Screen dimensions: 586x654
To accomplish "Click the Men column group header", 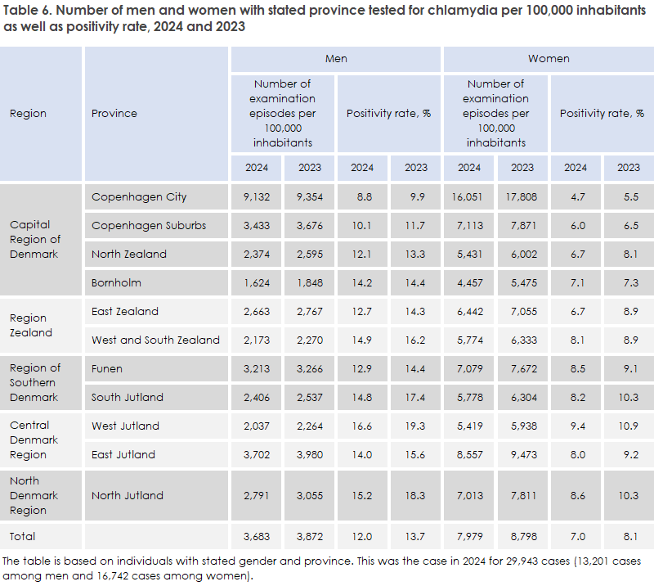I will click(336, 59).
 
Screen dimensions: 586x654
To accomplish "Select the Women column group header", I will click(549, 59).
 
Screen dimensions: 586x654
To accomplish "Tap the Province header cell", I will click(114, 114).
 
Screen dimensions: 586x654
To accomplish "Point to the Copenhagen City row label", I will click(139, 197).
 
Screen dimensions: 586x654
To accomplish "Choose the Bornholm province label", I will click(116, 283).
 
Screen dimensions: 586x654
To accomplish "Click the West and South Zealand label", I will click(155, 340).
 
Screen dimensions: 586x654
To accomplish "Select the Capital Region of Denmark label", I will click(35, 239).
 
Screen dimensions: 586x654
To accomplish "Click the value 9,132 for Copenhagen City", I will click(257, 197).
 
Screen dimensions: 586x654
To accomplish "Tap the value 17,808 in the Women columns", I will click(522, 197).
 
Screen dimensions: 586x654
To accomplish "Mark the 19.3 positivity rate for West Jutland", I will click(415, 426).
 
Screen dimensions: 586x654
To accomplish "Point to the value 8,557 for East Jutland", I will click(469, 454).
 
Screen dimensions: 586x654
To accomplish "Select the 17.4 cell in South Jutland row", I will click(415, 397).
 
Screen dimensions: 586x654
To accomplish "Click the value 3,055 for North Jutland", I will click(310, 495).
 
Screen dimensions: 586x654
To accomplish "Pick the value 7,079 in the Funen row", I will click(469, 368).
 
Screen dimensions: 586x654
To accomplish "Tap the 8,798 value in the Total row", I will click(522, 536).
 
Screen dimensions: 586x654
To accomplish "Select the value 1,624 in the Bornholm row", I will click(257, 283).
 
